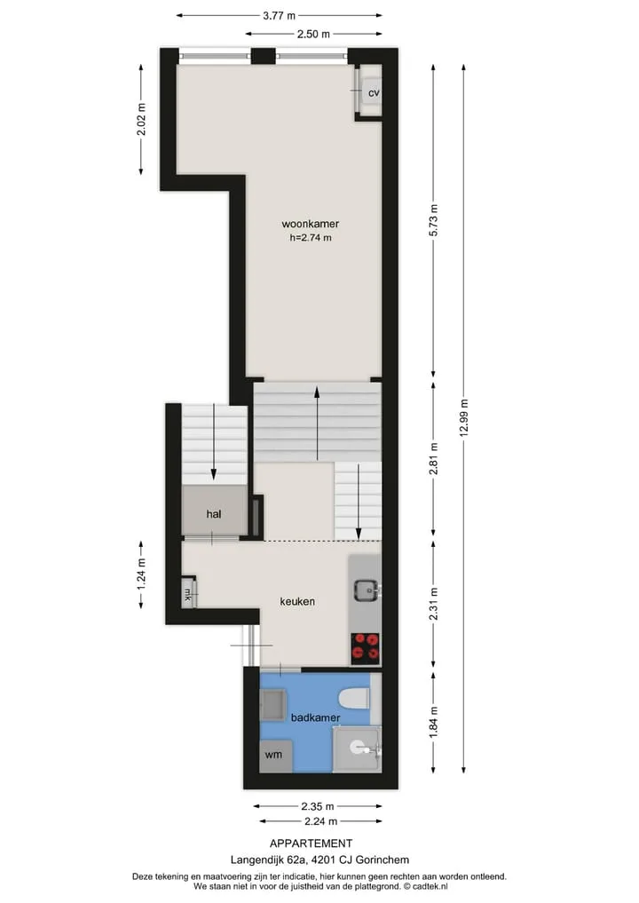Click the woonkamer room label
coord(311,224)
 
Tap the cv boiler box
coord(371,92)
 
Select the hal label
coord(214,514)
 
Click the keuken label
coord(297,602)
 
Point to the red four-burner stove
coord(366,646)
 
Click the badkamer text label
coord(315,718)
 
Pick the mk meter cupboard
coord(188,593)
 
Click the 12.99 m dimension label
coord(464,419)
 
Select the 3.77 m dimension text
coord(280,16)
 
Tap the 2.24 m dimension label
coord(321,822)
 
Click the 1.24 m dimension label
coord(142,574)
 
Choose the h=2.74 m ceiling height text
coord(311,238)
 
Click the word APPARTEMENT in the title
coord(312,844)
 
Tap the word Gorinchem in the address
coord(383,860)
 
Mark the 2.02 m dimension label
coord(142,120)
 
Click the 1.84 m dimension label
coord(434,722)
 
